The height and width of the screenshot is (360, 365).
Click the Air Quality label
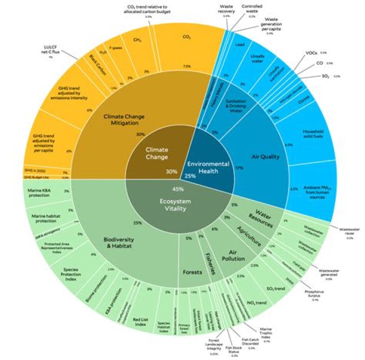pos(265,157)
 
